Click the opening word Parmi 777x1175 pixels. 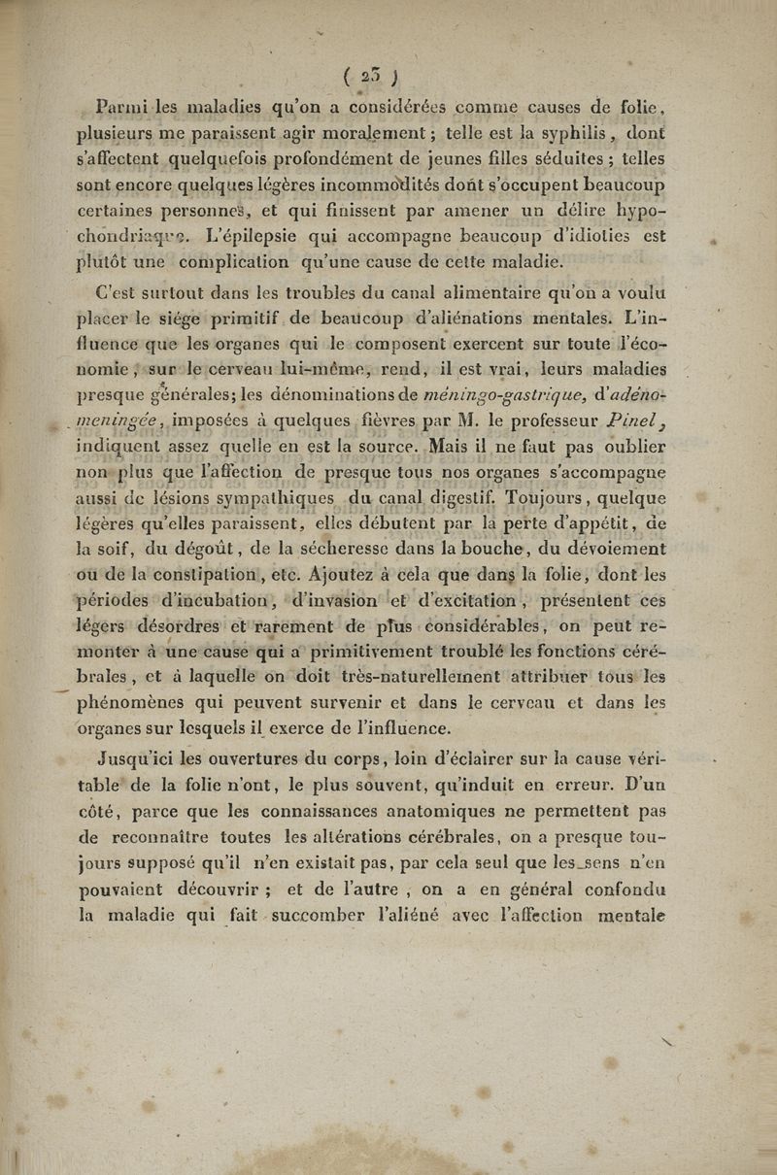click(119, 98)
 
